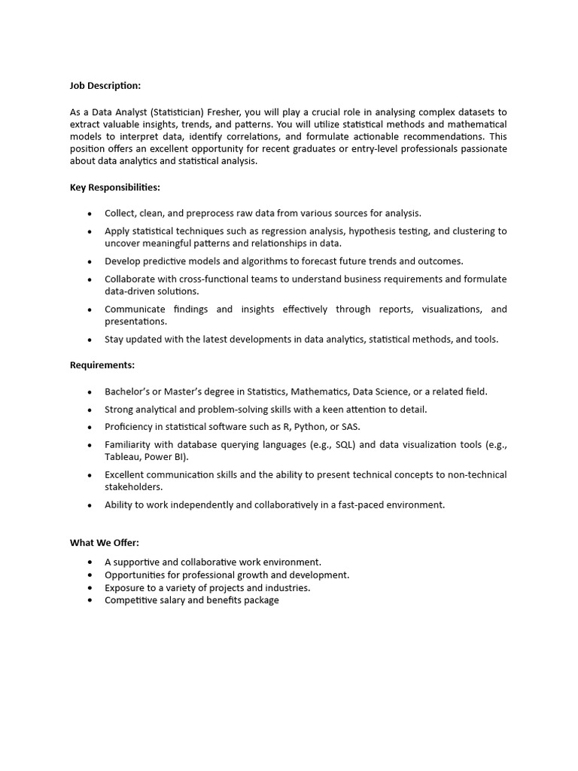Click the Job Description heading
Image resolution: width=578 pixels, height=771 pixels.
pyautogui.click(x=105, y=86)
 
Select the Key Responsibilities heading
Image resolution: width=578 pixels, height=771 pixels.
pyautogui.click(x=115, y=187)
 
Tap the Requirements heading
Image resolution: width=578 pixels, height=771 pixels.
pyautogui.click(x=102, y=365)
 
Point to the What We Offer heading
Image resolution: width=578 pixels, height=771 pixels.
pyautogui.click(x=105, y=542)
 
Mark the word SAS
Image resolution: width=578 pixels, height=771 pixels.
pyautogui.click(x=351, y=427)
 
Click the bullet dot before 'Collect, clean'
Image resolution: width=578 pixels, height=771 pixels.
pyautogui.click(x=90, y=214)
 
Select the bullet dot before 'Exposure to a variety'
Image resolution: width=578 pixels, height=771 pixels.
pyautogui.click(x=90, y=588)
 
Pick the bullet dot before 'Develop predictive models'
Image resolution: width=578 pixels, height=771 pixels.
pyautogui.click(x=90, y=262)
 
